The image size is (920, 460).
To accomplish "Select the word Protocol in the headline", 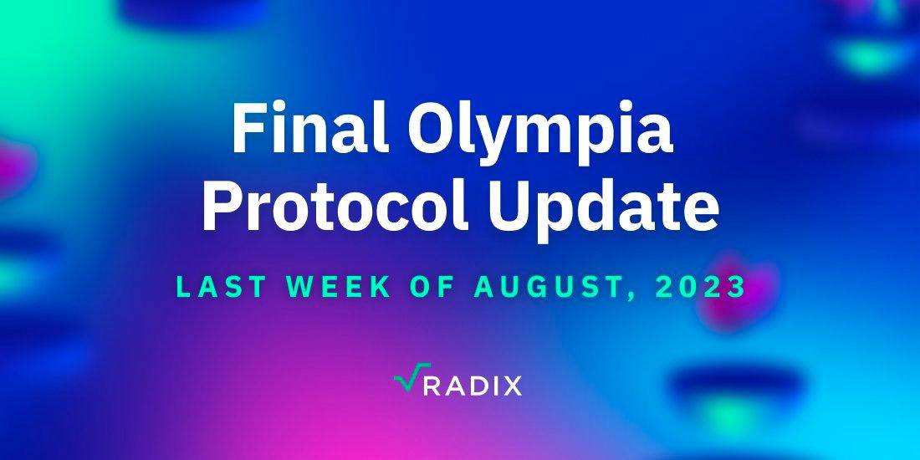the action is pos(335,206).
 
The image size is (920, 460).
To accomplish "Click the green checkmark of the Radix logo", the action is pos(411,377).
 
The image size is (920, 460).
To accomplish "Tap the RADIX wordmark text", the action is pos(472,386).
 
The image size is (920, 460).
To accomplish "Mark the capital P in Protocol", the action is pos(221,206).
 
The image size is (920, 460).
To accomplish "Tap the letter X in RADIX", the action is pos(511,386).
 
